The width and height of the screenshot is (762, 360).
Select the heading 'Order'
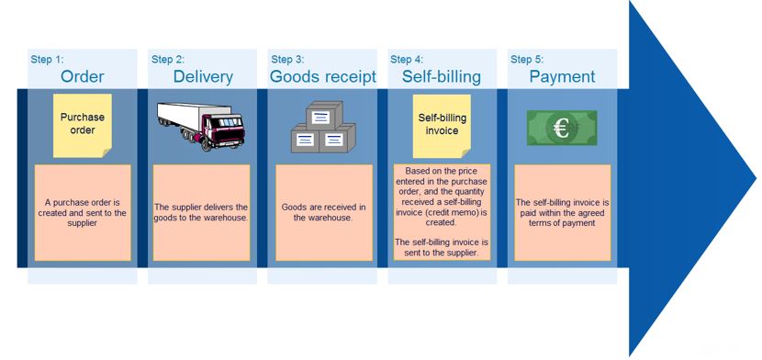coord(82,76)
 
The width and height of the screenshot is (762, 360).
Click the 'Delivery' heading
coord(203,76)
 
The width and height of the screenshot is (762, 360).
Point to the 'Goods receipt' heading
coord(322,76)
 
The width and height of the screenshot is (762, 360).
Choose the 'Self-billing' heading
coord(443,76)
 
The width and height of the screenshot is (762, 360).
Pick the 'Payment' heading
coord(562,76)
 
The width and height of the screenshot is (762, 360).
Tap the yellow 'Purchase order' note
coord(83,124)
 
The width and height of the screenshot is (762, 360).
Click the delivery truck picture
coord(201,125)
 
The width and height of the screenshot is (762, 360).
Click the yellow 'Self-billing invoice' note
coord(442,124)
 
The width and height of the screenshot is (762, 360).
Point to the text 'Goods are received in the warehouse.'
coord(323,212)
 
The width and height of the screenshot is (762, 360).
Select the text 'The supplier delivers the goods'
coord(202,212)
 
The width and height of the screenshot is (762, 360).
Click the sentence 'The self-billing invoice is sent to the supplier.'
coord(442,247)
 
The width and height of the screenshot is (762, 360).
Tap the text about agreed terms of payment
coord(562,212)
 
